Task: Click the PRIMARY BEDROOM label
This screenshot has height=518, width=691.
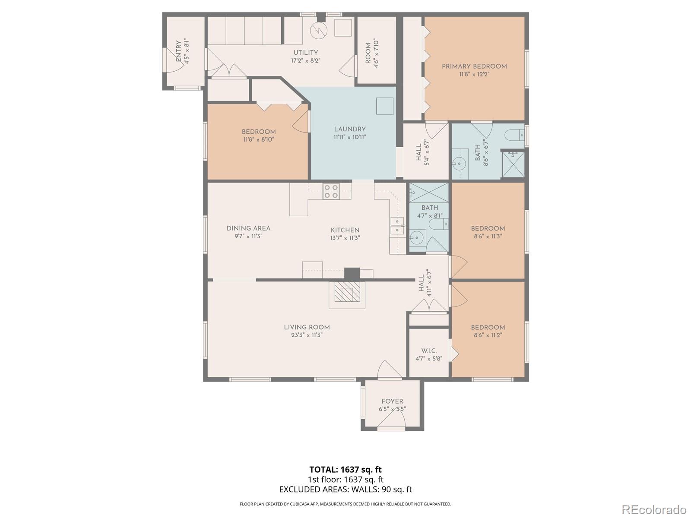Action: [x=474, y=66]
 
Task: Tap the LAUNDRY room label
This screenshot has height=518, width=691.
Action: [x=350, y=129]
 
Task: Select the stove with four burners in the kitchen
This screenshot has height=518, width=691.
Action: [x=331, y=192]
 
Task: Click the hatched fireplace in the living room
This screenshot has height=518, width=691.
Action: [x=347, y=294]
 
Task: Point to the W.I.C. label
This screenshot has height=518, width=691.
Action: [x=429, y=351]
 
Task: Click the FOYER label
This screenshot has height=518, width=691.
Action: [x=392, y=401]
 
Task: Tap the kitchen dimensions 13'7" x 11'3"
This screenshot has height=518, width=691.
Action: [x=345, y=238]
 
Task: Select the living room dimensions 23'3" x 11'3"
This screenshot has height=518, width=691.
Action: [x=307, y=335]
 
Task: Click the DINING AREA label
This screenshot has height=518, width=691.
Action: [x=248, y=228]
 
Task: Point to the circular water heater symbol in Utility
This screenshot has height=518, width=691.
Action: [x=319, y=30]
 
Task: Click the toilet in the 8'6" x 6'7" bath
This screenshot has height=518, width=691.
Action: [x=515, y=136]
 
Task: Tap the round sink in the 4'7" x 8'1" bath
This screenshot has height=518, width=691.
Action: [x=418, y=238]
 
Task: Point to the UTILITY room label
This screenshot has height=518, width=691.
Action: [x=306, y=53]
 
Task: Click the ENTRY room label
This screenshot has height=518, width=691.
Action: [x=178, y=52]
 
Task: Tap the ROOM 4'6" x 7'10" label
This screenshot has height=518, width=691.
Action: [x=368, y=54]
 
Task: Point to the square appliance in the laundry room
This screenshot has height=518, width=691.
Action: [x=385, y=106]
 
